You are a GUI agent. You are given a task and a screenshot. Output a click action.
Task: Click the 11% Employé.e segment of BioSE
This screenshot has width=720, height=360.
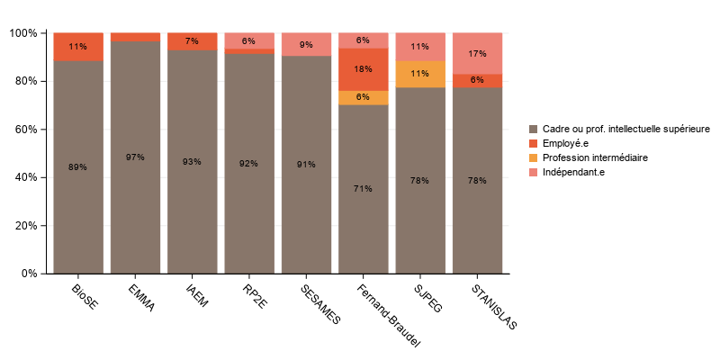77,47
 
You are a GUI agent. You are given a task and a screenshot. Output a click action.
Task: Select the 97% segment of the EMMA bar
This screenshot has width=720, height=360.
135,157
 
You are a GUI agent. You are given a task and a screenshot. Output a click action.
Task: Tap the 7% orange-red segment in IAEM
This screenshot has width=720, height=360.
192,41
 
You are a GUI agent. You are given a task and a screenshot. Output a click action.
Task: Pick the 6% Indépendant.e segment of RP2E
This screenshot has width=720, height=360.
248,40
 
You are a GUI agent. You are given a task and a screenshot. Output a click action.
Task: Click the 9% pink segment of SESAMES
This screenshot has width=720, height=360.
306,44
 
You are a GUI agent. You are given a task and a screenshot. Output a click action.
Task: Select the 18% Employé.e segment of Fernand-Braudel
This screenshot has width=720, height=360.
363,69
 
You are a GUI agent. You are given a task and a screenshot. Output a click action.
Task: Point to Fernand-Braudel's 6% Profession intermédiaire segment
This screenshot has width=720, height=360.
363,97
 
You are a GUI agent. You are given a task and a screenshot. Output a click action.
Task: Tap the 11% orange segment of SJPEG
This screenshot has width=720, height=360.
420,74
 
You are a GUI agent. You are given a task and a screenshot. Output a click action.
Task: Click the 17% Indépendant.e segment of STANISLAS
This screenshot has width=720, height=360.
477,53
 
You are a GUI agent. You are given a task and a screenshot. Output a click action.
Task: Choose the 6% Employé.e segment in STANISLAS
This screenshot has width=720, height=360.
477,80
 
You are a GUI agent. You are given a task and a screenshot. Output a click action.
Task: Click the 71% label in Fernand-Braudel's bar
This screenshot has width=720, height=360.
363,189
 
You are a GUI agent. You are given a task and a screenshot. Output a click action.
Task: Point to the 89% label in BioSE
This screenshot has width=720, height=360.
77,167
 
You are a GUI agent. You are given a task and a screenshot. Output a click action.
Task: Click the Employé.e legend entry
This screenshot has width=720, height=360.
567,143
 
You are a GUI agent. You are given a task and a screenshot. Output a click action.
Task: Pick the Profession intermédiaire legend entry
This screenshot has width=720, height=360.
594,157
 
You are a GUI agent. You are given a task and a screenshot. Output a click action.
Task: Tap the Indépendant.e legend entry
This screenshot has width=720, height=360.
573,172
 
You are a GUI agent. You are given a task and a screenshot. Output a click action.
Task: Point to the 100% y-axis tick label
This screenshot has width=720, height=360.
23,33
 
